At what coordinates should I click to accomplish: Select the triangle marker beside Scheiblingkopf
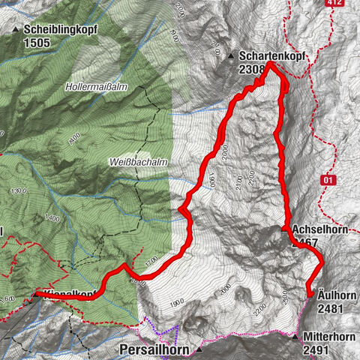coord(16,30)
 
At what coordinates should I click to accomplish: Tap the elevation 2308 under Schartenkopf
coord(252,70)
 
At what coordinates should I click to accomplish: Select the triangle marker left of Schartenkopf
coord(231,56)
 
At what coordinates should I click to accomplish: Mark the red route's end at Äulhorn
coord(309,295)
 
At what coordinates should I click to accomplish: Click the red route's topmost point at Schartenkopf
coord(270,66)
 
